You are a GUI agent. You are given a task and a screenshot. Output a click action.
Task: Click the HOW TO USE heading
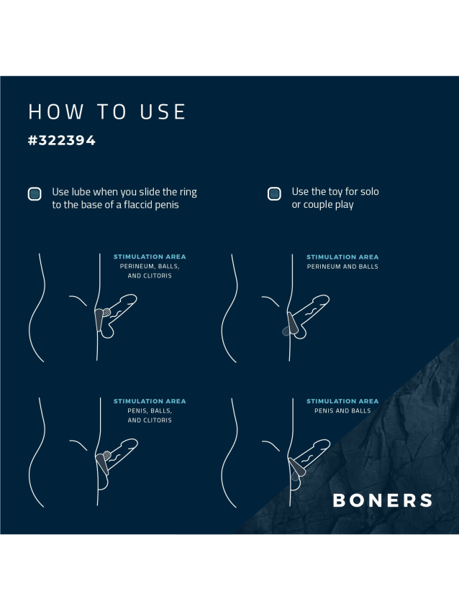pyautogui.click(x=107, y=112)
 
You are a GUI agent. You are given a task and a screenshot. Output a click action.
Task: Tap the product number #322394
pyautogui.click(x=62, y=140)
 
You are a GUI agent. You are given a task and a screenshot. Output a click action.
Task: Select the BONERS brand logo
pyautogui.click(x=383, y=500)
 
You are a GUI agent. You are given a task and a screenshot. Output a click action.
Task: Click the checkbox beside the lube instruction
pyautogui.click(x=35, y=193)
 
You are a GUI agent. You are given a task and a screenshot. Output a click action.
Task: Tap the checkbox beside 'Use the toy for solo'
pyautogui.click(x=274, y=193)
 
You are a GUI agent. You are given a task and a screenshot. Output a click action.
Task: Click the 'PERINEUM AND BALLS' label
pyautogui.click(x=342, y=267)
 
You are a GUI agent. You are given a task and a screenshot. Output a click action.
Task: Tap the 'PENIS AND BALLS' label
pyautogui.click(x=342, y=410)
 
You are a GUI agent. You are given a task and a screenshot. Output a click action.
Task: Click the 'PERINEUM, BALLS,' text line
pyautogui.click(x=150, y=267)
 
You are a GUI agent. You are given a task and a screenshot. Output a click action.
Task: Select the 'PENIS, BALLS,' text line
pyautogui.click(x=150, y=410)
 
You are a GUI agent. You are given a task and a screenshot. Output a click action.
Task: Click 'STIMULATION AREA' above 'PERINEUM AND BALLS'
pyautogui.click(x=342, y=257)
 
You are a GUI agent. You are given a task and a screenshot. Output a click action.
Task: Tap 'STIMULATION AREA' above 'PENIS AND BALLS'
pyautogui.click(x=342, y=401)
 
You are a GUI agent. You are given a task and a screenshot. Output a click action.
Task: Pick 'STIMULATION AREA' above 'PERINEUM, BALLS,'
pyautogui.click(x=150, y=257)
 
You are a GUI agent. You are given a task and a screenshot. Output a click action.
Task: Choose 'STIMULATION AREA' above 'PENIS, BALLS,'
pyautogui.click(x=150, y=401)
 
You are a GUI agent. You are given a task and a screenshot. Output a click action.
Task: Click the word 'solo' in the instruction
pyautogui.click(x=369, y=192)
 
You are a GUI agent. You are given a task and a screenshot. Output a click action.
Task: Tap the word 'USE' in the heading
pyautogui.click(x=163, y=112)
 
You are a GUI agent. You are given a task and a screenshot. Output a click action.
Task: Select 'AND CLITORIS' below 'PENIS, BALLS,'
pyautogui.click(x=150, y=420)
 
